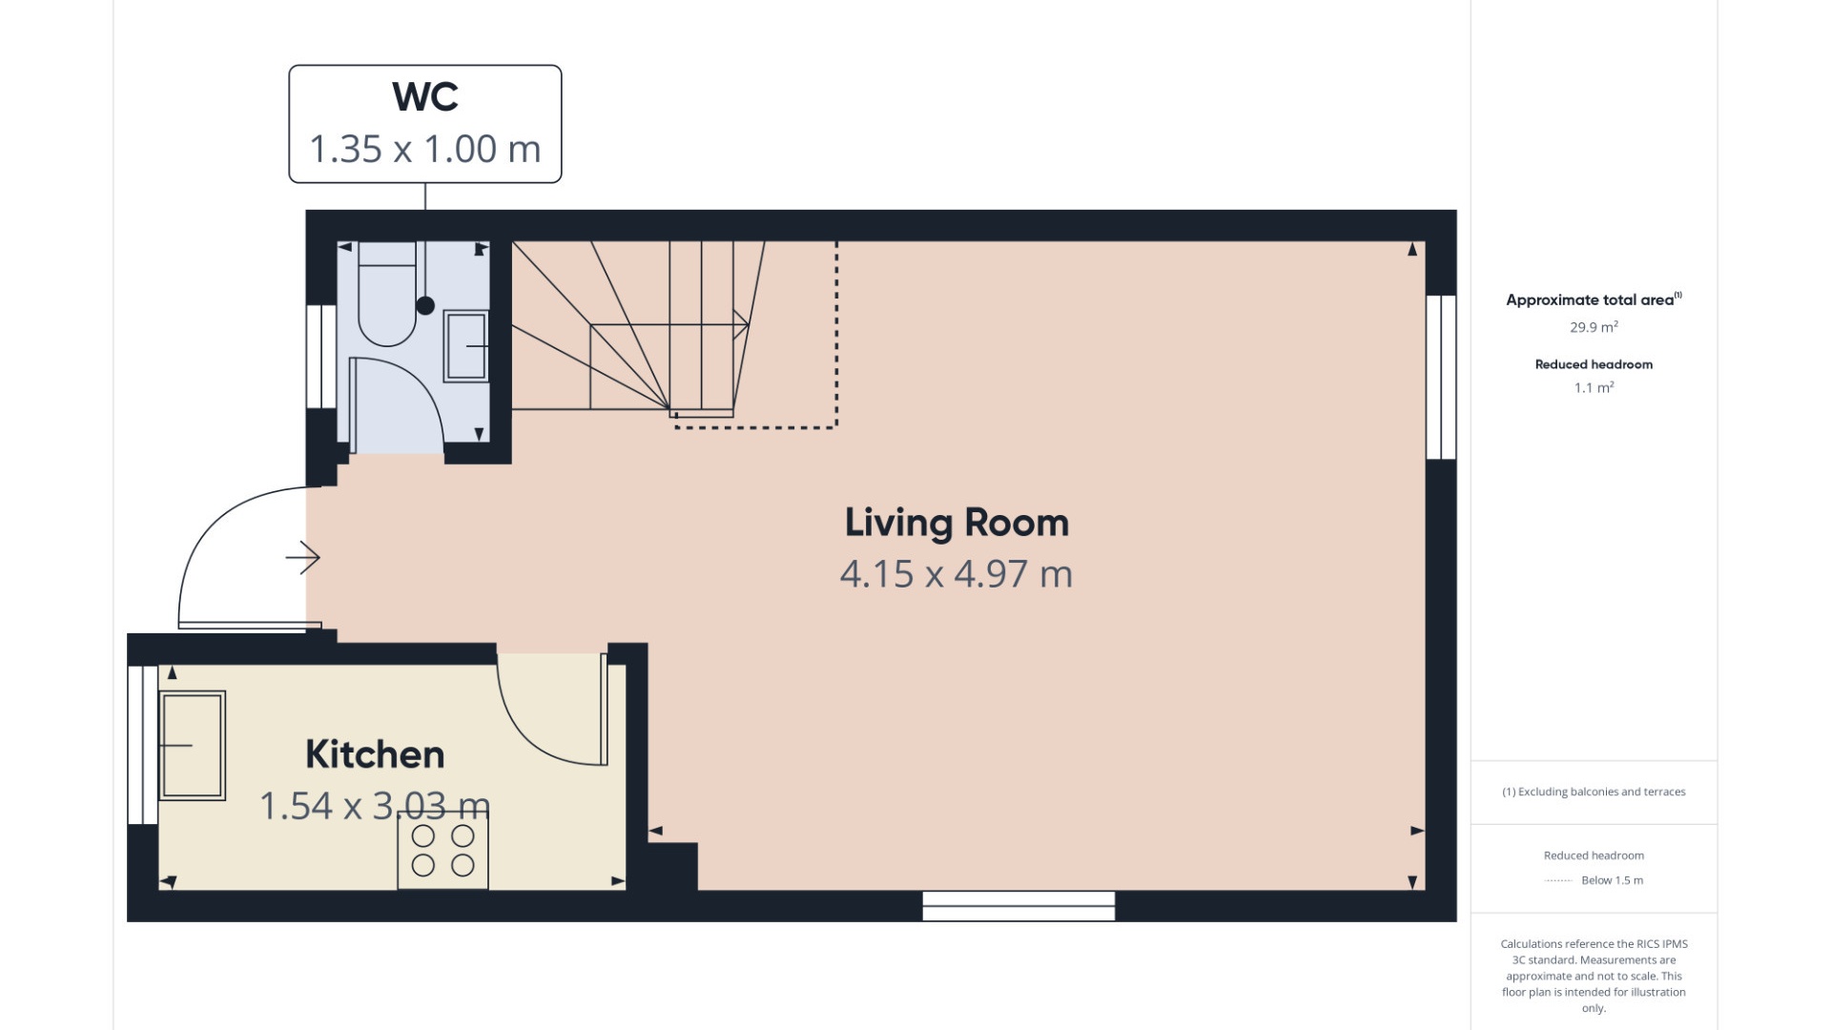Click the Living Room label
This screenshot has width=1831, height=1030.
[x=957, y=523]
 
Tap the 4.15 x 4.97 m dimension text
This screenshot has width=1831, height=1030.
[x=957, y=574]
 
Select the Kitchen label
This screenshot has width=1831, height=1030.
[x=375, y=754]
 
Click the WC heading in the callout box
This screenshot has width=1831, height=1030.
[x=425, y=97]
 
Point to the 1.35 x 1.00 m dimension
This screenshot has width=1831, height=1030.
[x=425, y=150]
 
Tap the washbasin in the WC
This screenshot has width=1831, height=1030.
[x=466, y=345]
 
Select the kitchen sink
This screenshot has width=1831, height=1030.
[x=193, y=745]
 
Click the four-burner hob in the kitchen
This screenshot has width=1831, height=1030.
[x=442, y=851]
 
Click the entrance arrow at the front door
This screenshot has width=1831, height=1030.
[x=303, y=558]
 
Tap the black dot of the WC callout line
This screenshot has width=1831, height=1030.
[x=425, y=306]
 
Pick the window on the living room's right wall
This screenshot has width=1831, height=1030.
[x=1441, y=378]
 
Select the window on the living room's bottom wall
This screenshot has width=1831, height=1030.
[x=1018, y=906]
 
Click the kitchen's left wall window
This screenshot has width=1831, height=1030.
[x=143, y=745]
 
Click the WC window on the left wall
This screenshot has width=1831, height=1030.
[x=321, y=357]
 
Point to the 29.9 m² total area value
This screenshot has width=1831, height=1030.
[x=1594, y=327]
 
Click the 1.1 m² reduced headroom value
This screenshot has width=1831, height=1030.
[x=1594, y=388]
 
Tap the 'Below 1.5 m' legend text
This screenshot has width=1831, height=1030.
[x=1612, y=880]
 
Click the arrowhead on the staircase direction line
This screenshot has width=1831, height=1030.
[x=742, y=324]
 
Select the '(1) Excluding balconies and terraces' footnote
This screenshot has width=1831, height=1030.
[x=1594, y=792]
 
